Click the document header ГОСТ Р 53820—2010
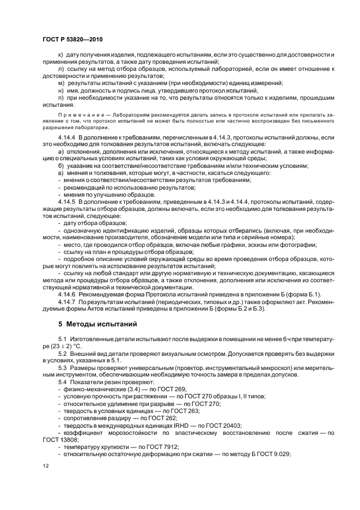72,40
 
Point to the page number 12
46,466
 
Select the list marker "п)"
60,97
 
